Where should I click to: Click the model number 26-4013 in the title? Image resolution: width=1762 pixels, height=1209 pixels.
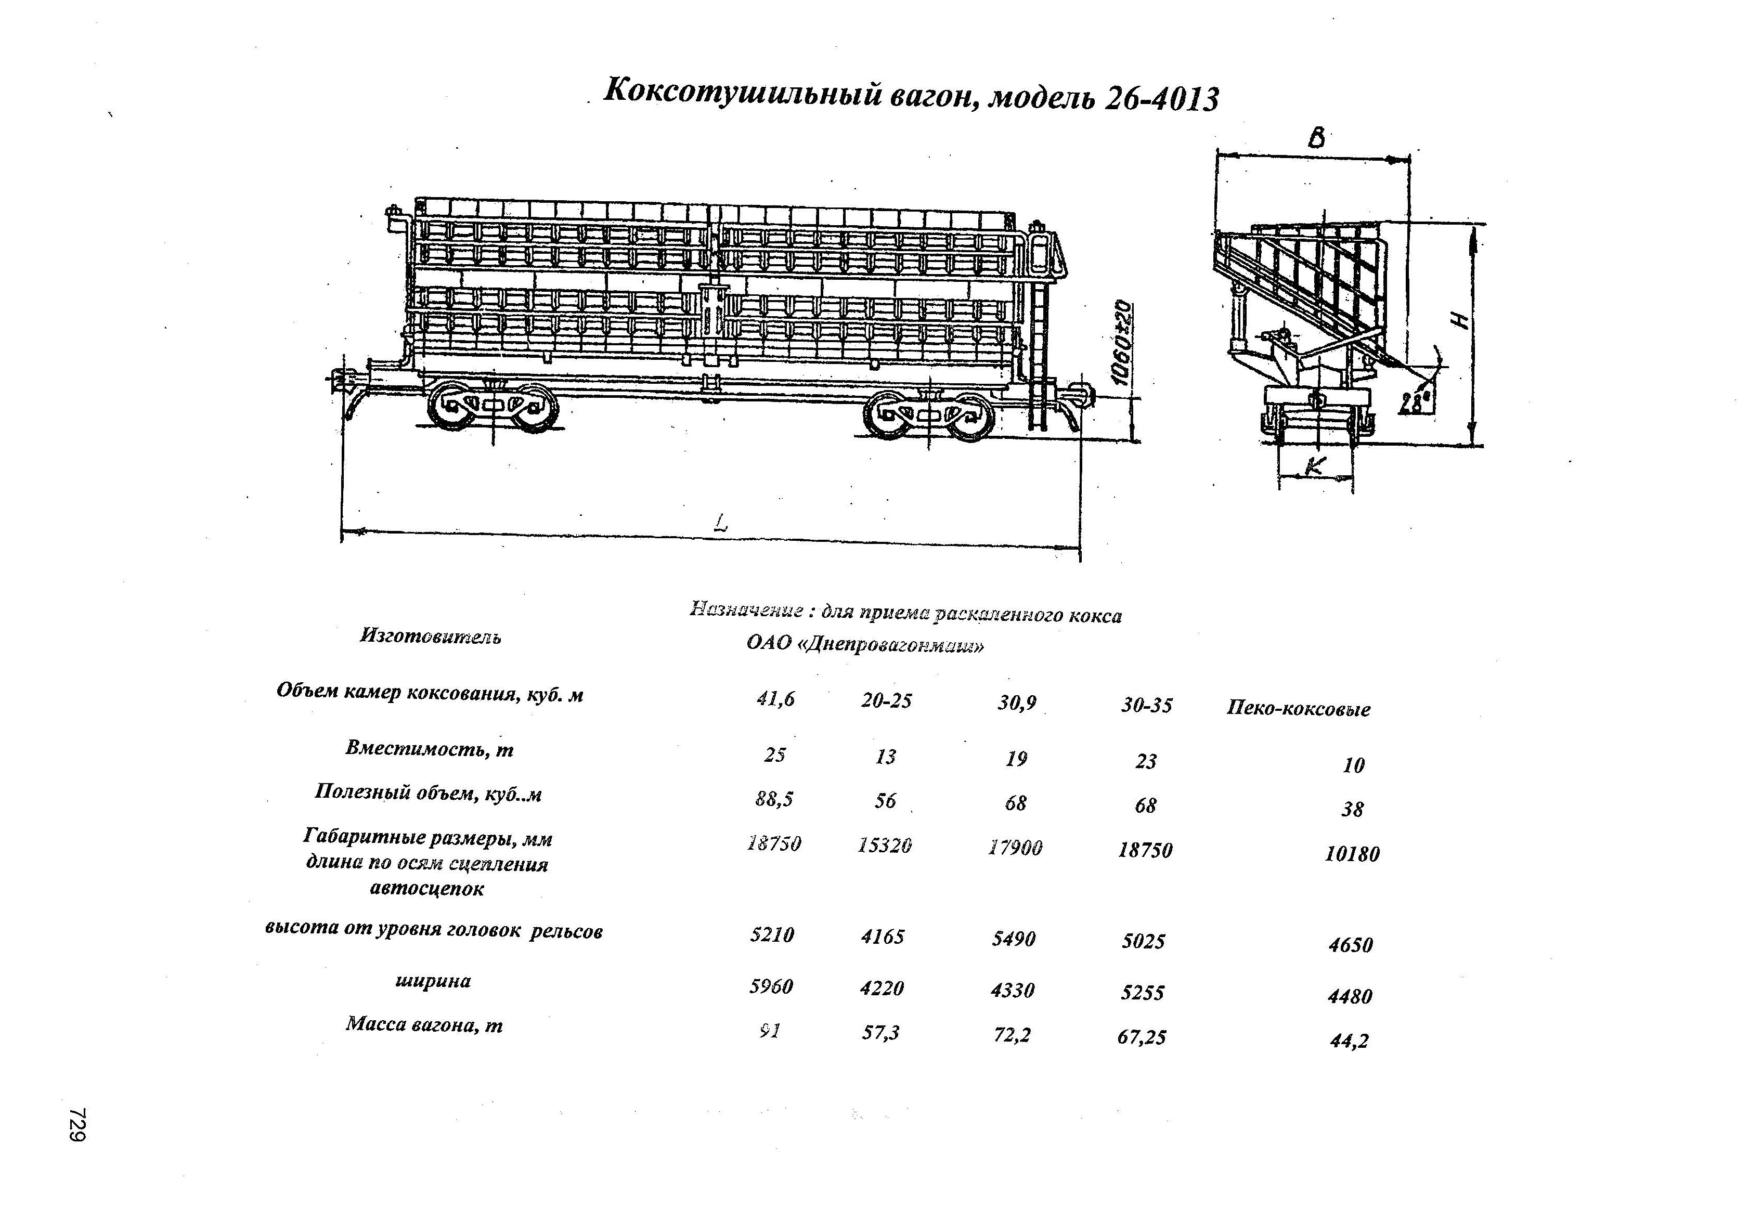(x=1161, y=100)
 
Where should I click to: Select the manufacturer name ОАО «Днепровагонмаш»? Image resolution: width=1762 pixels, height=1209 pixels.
(x=864, y=644)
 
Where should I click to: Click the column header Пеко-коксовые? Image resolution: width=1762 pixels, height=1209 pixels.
(x=1298, y=709)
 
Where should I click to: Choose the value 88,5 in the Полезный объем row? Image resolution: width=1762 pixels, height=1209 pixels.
(x=773, y=799)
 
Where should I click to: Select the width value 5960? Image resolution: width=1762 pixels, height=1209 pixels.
(x=771, y=986)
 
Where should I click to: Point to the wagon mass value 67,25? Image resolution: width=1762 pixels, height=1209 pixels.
(x=1142, y=1037)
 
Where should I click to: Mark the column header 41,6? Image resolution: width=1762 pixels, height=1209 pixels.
(x=775, y=699)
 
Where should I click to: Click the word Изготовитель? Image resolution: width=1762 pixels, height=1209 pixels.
(x=430, y=636)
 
